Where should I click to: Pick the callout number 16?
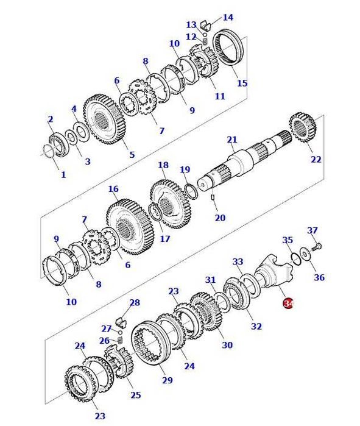113,190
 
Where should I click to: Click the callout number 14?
227,18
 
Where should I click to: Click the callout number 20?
220,218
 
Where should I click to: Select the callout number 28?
134,302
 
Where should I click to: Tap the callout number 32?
256,326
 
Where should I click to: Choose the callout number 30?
227,345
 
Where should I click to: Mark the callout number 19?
185,170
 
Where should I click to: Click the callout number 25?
135,395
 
